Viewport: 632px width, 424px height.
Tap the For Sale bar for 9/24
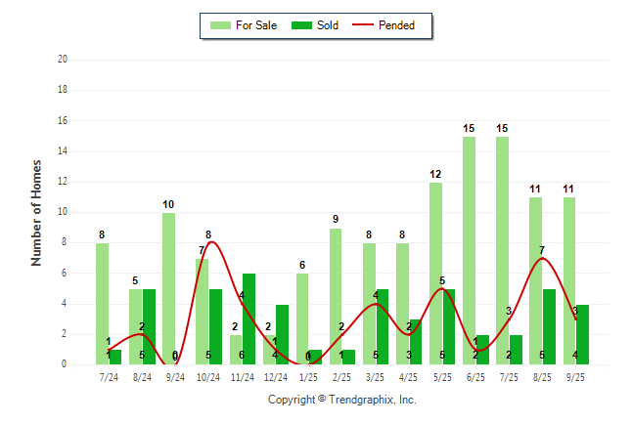(168, 288)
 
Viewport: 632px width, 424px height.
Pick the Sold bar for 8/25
(550, 326)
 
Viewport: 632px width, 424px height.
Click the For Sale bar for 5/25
(435, 274)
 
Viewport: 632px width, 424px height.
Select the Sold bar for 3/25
(383, 326)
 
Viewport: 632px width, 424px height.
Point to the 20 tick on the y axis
(62, 60)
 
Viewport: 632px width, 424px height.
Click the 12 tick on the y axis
(62, 182)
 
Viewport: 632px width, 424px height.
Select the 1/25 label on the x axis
(308, 376)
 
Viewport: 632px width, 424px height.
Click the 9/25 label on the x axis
(575, 376)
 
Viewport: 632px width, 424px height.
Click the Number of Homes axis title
(36, 212)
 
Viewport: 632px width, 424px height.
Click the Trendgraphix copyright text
(342, 400)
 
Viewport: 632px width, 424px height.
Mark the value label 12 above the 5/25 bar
(435, 175)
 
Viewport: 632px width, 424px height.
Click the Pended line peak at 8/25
(543, 259)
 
